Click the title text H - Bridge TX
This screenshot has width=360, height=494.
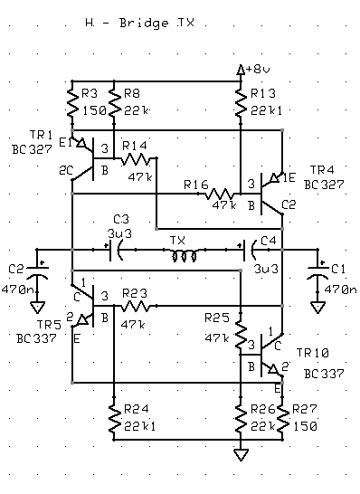click(x=140, y=24)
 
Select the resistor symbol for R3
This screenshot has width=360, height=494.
click(x=72, y=103)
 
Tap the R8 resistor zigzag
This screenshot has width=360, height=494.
click(x=114, y=103)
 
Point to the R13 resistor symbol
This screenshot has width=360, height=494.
click(x=241, y=103)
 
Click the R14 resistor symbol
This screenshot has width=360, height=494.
click(x=136, y=158)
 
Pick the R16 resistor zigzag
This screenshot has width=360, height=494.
click(x=220, y=194)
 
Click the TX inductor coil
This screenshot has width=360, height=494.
click(x=185, y=255)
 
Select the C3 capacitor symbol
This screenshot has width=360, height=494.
click(x=115, y=252)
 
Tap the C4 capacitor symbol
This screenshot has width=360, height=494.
click(x=250, y=252)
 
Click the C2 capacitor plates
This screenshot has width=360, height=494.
click(x=37, y=272)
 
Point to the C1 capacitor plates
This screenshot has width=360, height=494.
click(x=317, y=272)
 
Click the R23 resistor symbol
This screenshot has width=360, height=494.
click(x=136, y=306)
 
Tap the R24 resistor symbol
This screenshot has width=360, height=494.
click(x=114, y=418)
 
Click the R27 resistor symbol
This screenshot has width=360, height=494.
click(x=282, y=418)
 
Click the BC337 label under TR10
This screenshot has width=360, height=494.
click(x=324, y=374)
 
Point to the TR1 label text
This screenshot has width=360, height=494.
click(x=41, y=135)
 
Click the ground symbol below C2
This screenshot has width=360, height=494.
click(x=37, y=308)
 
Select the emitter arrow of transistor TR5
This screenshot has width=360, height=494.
click(x=82, y=320)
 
